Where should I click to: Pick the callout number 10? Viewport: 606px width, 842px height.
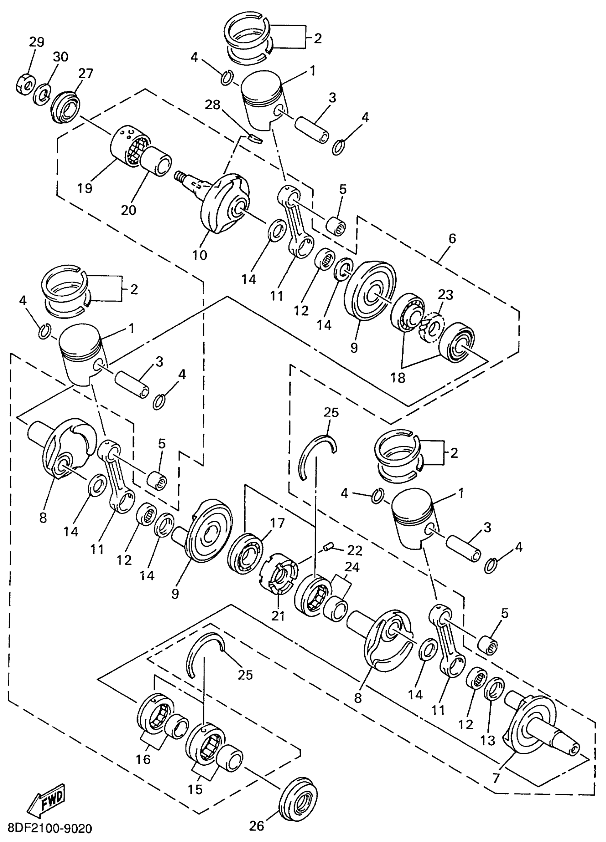coord(200,255)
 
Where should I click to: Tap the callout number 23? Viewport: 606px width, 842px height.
coord(445,295)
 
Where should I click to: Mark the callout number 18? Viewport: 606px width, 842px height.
coord(397,378)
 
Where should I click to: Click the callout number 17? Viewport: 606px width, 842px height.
coord(277,523)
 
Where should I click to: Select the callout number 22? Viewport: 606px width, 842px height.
coord(355,551)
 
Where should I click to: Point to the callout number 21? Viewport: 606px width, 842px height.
coord(278,616)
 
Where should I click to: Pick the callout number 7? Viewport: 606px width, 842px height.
coord(496,776)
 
